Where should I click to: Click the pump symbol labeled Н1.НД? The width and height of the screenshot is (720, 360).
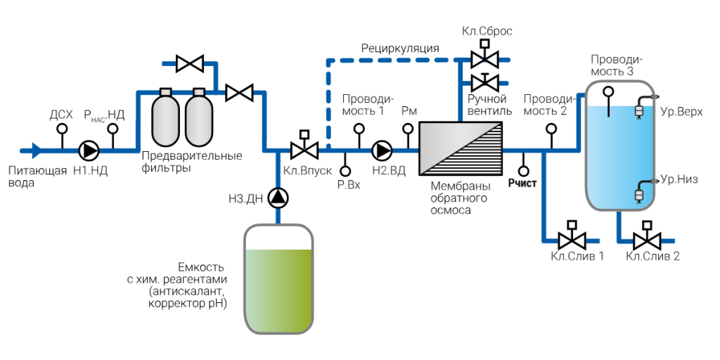(x=88, y=150)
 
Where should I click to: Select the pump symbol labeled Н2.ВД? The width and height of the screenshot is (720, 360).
(x=382, y=150)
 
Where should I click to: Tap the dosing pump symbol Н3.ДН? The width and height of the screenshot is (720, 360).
(x=278, y=198)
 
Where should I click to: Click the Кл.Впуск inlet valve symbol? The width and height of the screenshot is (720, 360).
(x=304, y=146)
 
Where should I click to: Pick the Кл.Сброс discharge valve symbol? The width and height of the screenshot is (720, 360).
(x=484, y=56)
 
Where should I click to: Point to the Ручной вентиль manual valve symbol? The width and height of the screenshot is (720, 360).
(x=484, y=82)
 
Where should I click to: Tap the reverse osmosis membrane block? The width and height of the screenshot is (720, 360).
(x=461, y=149)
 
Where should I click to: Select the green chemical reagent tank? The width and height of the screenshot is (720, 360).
(x=278, y=278)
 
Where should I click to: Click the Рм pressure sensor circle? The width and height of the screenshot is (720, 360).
(x=407, y=129)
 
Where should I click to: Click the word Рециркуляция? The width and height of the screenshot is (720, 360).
(x=400, y=49)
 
